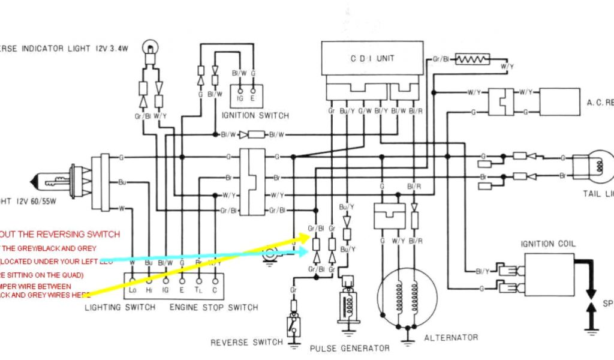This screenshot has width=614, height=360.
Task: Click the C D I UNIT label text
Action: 372,58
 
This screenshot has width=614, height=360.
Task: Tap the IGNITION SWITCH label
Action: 255,115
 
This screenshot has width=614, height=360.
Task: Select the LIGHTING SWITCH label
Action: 120,307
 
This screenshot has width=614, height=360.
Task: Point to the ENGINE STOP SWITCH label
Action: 213,307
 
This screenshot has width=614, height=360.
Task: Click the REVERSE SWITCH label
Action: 246,343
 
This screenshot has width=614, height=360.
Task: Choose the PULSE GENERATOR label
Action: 350,348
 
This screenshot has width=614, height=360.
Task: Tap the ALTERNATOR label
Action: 451,337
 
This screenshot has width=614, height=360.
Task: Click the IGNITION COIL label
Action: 549,244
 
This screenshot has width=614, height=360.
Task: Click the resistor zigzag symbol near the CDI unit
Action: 472,59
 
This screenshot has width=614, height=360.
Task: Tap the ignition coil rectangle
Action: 549,274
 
